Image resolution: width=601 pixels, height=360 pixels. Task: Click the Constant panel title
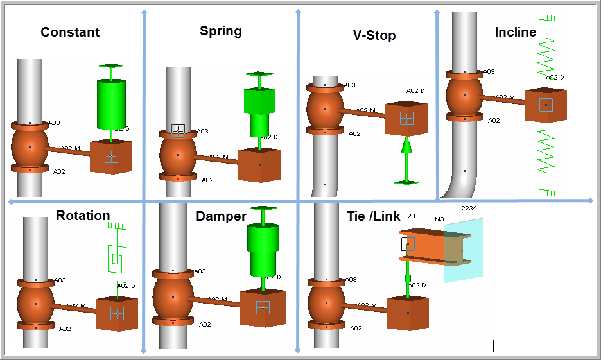(x=70, y=32)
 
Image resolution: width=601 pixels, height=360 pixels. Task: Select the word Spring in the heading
(x=220, y=31)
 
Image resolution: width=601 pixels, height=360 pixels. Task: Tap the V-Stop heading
(x=374, y=35)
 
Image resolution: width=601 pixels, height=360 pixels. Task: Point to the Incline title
(x=515, y=32)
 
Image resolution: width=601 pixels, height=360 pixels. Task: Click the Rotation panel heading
(x=83, y=216)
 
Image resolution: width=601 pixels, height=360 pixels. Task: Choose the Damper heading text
(x=221, y=216)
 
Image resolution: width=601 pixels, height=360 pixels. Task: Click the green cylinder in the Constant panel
(x=112, y=103)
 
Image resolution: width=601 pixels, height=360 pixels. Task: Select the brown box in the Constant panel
(x=111, y=157)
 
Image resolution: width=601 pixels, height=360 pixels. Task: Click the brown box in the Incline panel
(x=545, y=105)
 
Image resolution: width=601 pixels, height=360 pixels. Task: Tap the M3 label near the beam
(x=439, y=219)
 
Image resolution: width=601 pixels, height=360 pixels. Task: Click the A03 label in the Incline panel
(x=489, y=72)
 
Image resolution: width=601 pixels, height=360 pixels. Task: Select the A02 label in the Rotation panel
(x=65, y=329)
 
